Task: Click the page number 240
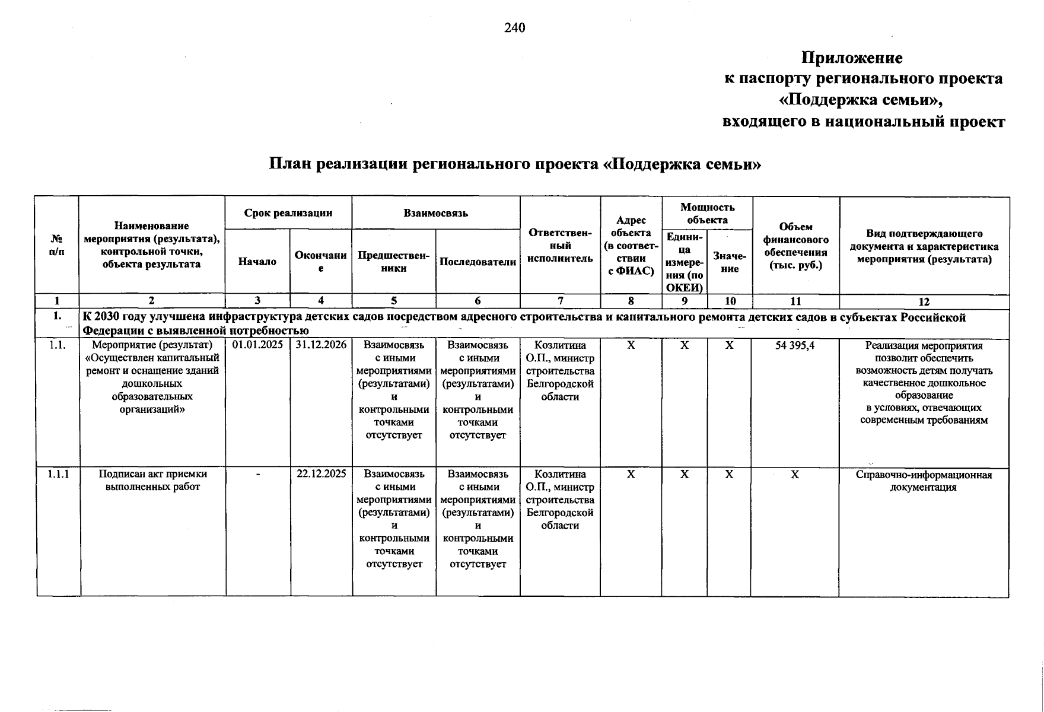514,28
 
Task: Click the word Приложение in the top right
852,58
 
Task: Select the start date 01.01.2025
257,345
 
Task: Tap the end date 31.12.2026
321,345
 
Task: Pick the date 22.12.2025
321,474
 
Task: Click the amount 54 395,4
795,345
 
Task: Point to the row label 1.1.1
58,474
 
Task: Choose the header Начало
257,262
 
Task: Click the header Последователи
478,262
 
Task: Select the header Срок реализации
288,213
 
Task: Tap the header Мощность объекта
707,213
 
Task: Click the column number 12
924,301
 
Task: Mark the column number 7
560,301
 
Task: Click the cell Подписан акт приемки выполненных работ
153,481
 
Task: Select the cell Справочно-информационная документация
924,481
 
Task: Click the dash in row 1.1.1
257,475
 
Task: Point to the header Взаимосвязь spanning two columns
435,213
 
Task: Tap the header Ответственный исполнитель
560,246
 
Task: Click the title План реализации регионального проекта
514,163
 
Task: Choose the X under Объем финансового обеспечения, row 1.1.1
795,475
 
